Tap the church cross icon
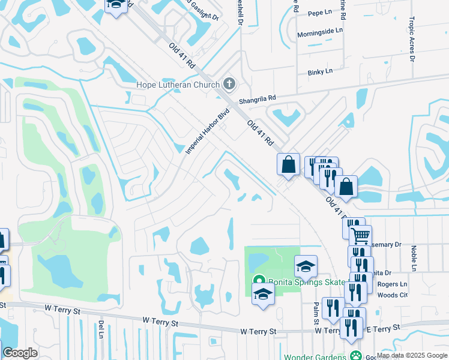229,83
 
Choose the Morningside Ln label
320,31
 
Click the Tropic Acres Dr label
412,39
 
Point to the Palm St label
316,314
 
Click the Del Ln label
100,329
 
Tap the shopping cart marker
360,235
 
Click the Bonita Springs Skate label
306,282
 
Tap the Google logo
20,353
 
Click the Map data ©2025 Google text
412,355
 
